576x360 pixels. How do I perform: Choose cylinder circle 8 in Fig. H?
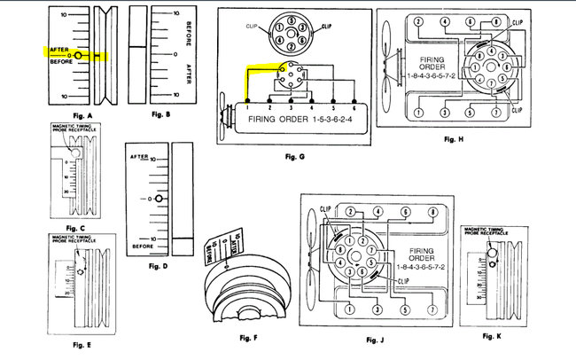point(520,21)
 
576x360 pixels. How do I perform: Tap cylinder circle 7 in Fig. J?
point(432,309)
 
